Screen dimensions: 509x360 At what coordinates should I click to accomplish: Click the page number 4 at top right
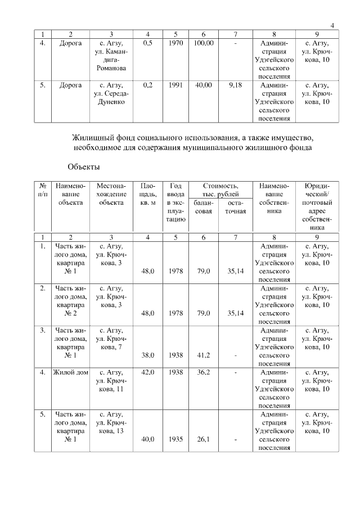332,24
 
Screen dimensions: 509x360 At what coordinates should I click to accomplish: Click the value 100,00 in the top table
203,43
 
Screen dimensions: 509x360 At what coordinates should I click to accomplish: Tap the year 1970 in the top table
176,43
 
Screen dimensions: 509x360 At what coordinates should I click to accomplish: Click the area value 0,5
148,43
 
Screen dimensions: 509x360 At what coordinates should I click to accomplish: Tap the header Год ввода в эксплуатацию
176,202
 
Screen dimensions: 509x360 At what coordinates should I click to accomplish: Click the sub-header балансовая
203,207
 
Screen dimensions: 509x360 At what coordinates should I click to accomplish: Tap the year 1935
176,439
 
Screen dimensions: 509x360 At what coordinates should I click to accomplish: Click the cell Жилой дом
71,372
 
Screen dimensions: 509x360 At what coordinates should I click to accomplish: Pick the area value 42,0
148,372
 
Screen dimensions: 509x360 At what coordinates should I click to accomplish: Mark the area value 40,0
148,439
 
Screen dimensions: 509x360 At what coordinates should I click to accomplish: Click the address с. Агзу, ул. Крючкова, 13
111,423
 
